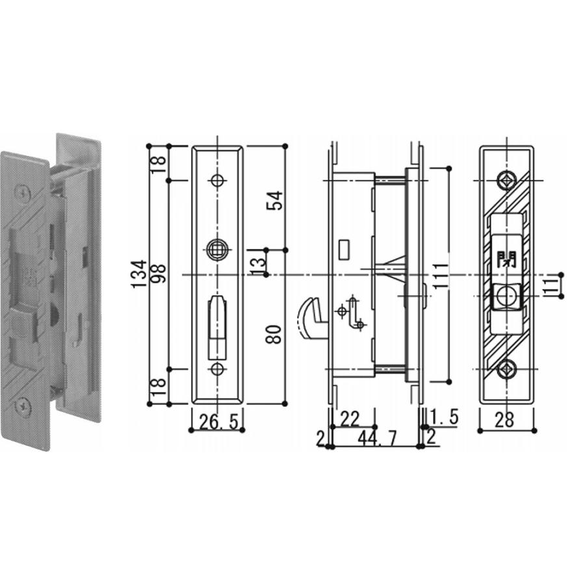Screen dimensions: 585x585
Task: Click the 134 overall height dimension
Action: (139, 274)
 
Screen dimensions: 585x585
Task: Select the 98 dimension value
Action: (159, 274)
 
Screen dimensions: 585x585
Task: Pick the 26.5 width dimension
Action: (218, 421)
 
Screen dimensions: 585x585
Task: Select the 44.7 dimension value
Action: (377, 438)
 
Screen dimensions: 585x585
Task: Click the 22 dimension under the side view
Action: (350, 418)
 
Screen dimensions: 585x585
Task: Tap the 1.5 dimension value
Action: (443, 417)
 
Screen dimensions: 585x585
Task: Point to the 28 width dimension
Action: (504, 420)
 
